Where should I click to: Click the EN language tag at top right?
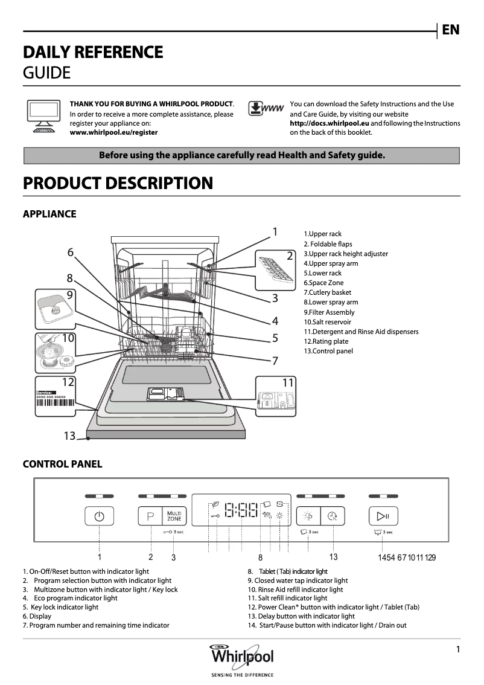[x=450, y=30]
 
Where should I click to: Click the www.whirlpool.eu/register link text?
[x=113, y=132]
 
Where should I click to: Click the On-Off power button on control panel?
[x=100, y=516]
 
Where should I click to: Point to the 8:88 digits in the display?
[x=241, y=512]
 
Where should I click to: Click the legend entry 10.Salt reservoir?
[x=327, y=322]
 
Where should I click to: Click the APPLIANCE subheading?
[x=49, y=214]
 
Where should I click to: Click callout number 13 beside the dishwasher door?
[x=70, y=436]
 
